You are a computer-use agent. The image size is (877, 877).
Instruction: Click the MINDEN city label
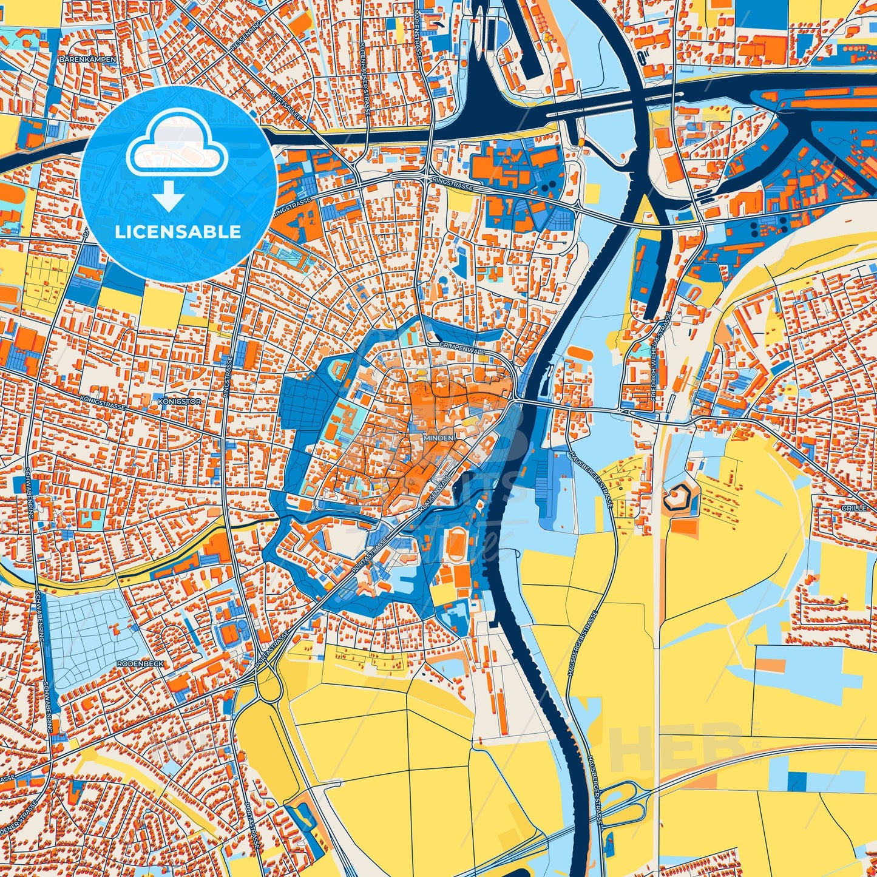(x=439, y=436)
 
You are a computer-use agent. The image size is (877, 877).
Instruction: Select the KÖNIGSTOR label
(x=174, y=402)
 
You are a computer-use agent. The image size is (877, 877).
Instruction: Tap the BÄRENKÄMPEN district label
(x=83, y=59)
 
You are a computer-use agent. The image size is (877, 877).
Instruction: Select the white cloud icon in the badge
(x=177, y=144)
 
